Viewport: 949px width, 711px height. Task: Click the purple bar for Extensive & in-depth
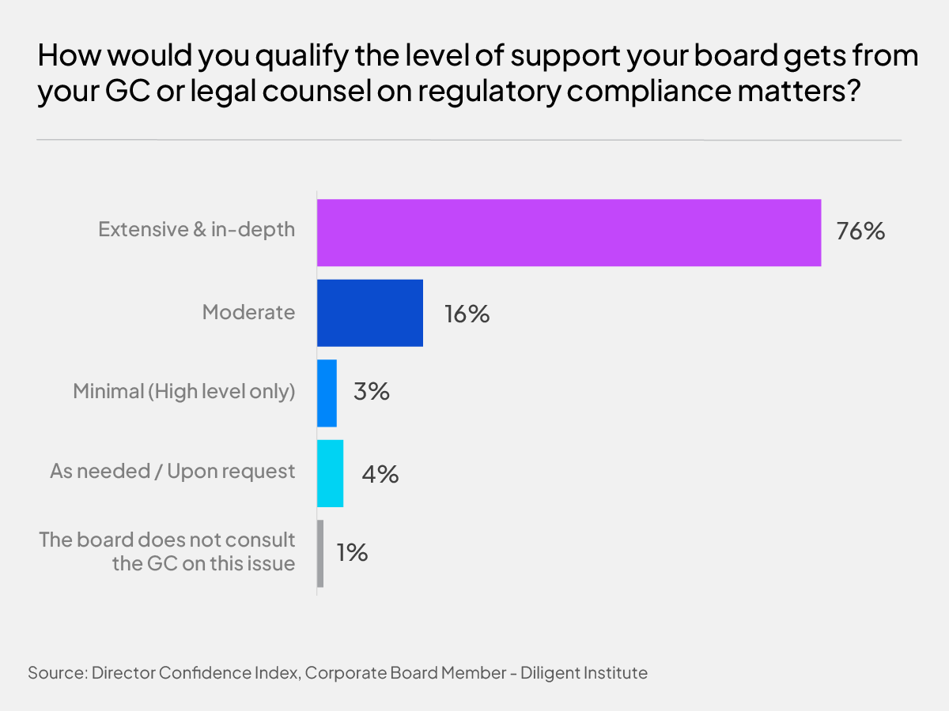click(569, 232)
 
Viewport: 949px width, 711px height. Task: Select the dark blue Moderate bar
click(370, 313)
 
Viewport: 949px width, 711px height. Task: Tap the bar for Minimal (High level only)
click(327, 393)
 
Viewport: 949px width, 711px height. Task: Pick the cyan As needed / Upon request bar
click(330, 473)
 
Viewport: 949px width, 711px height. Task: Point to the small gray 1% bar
click(320, 553)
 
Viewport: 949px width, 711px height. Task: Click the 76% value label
click(860, 233)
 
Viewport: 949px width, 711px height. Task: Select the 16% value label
click(467, 314)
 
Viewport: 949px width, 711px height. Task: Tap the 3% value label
click(372, 393)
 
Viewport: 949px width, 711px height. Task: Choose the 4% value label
click(380, 474)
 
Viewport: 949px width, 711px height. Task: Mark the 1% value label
click(352, 553)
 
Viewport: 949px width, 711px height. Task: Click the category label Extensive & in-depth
click(196, 230)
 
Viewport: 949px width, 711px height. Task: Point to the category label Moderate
click(248, 312)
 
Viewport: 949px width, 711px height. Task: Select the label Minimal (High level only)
click(183, 392)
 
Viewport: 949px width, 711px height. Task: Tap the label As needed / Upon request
click(172, 472)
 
